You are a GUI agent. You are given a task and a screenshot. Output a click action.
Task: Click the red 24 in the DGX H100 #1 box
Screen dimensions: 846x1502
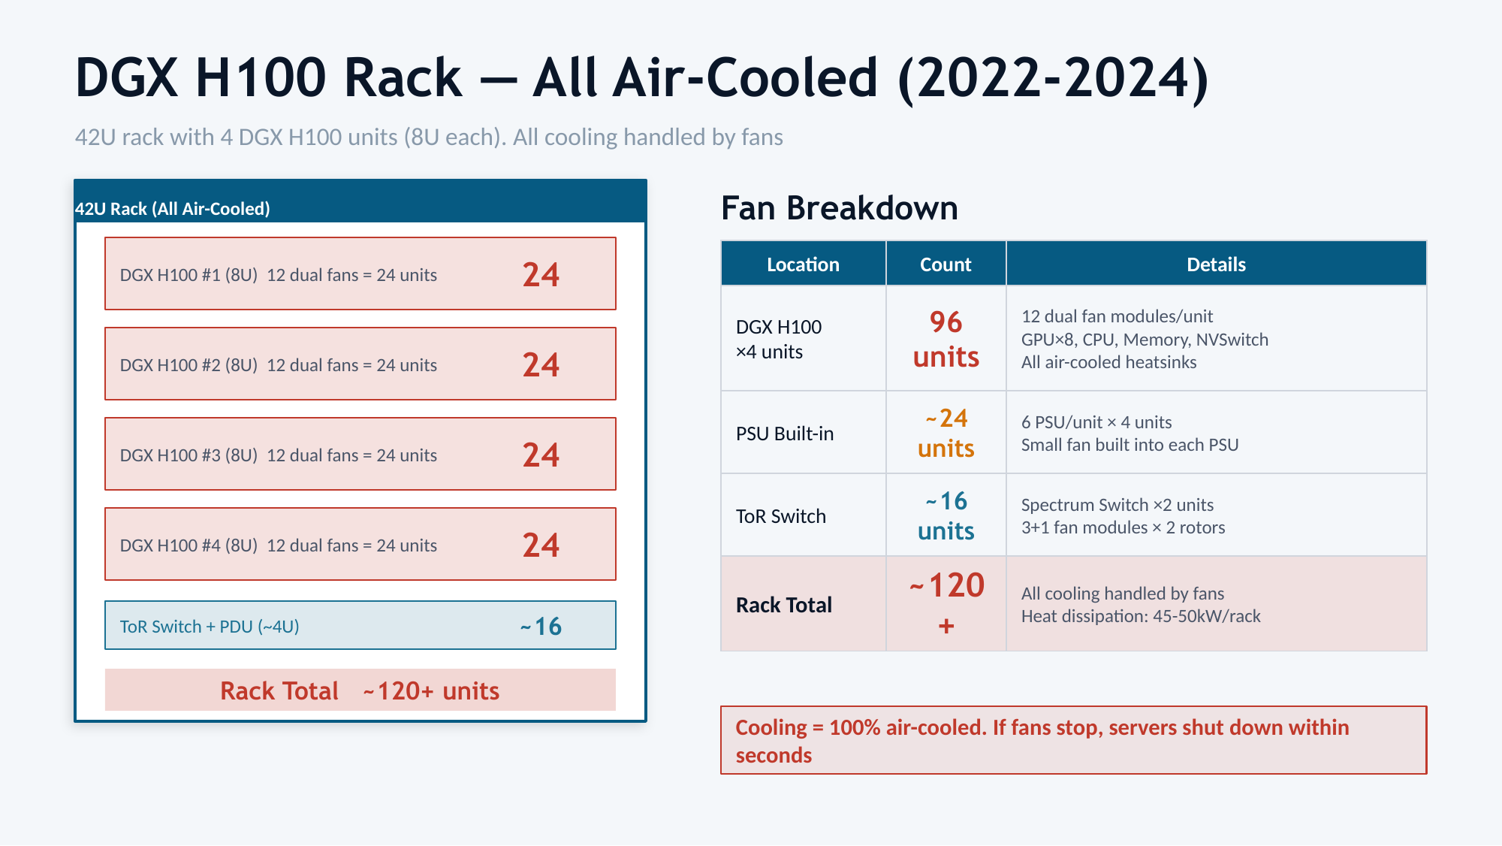(541, 275)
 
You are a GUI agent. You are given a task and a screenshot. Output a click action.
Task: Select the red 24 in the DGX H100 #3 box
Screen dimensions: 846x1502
(541, 455)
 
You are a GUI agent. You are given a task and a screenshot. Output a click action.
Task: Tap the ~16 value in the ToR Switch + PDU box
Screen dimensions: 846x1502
(541, 627)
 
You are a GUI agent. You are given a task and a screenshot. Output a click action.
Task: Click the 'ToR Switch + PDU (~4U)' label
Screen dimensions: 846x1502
(210, 627)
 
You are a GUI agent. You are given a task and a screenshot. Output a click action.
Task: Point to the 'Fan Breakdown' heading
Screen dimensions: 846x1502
(839, 208)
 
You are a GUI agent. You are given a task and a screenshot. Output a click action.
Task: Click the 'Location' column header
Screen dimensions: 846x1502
(803, 264)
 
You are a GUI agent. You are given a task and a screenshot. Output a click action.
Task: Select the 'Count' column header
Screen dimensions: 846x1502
(946, 264)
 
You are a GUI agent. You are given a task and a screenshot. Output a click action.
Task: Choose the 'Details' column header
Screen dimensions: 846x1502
(1216, 264)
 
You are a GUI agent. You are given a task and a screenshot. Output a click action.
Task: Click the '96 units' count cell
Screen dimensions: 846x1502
(946, 339)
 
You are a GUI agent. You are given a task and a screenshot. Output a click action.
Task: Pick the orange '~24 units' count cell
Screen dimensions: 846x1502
(946, 433)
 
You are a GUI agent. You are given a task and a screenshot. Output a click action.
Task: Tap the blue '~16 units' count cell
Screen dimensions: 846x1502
(946, 515)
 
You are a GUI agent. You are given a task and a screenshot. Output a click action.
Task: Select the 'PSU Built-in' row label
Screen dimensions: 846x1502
(785, 434)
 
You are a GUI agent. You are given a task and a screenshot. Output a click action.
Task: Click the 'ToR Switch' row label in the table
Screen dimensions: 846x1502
(781, 516)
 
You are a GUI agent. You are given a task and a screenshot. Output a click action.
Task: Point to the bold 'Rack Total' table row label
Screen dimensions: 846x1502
(784, 605)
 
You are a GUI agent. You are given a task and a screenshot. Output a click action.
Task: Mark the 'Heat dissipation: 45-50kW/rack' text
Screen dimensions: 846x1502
(1141, 616)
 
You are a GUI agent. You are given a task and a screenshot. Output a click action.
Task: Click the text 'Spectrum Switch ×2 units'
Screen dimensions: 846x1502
(1117, 505)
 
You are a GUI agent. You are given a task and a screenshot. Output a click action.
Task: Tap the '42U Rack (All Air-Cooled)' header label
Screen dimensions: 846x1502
(173, 209)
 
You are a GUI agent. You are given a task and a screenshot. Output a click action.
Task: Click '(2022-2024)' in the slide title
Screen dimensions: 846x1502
(1053, 78)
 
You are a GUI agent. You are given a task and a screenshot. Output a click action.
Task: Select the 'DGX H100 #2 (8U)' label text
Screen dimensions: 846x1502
(189, 365)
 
